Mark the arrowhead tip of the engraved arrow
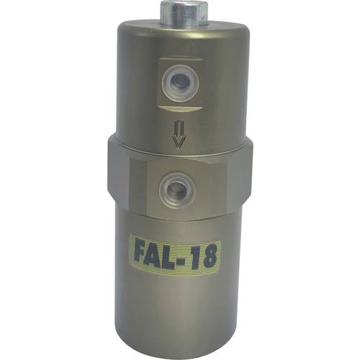click(177, 146)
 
